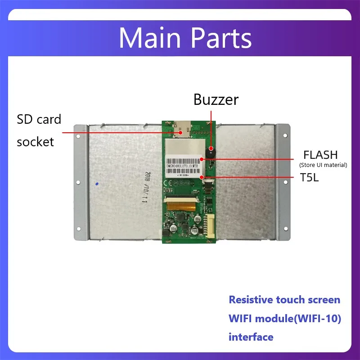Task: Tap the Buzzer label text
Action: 216,99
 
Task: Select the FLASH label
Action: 320,155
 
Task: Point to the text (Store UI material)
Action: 323,165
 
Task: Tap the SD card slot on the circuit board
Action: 182,129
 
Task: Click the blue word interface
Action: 251,337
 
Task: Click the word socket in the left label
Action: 35,142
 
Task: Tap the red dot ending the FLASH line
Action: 202,158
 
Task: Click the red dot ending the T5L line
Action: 202,177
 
